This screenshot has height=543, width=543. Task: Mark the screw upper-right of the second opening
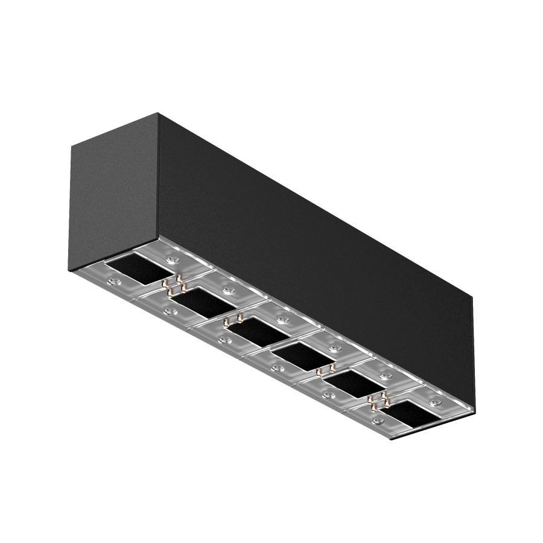(227, 290)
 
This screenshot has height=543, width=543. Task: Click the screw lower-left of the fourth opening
(277, 366)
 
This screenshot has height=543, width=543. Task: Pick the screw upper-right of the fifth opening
(384, 375)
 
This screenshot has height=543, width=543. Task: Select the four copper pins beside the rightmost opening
(379, 398)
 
